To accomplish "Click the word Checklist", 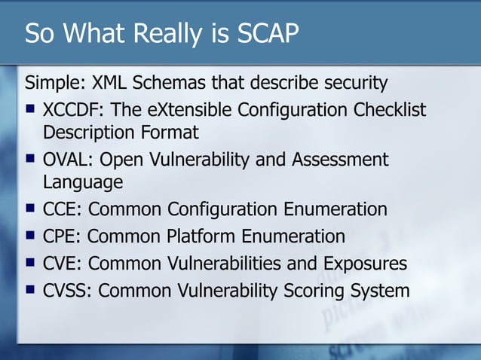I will (390, 110).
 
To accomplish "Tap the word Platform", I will (199, 236).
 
